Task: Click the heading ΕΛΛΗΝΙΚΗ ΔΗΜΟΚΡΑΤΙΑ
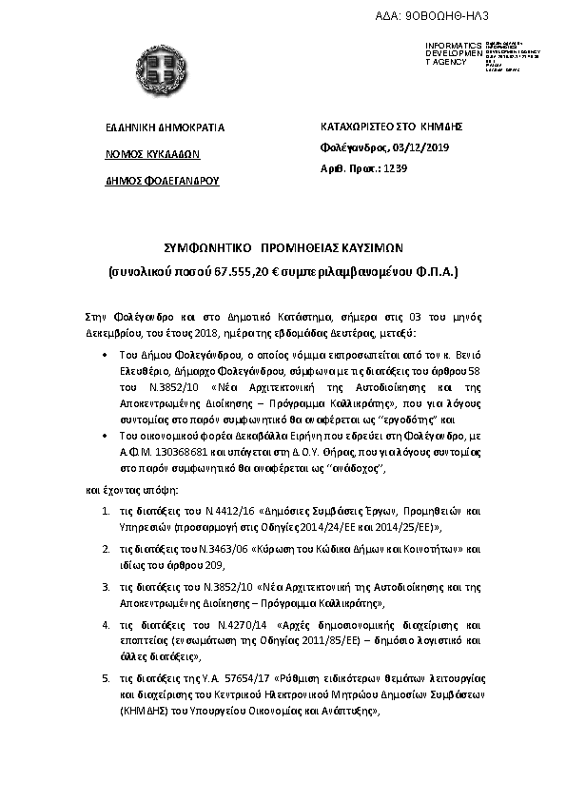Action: coord(165,127)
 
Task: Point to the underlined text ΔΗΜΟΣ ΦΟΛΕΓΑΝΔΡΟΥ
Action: coord(162,180)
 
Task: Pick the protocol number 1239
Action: coord(394,168)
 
